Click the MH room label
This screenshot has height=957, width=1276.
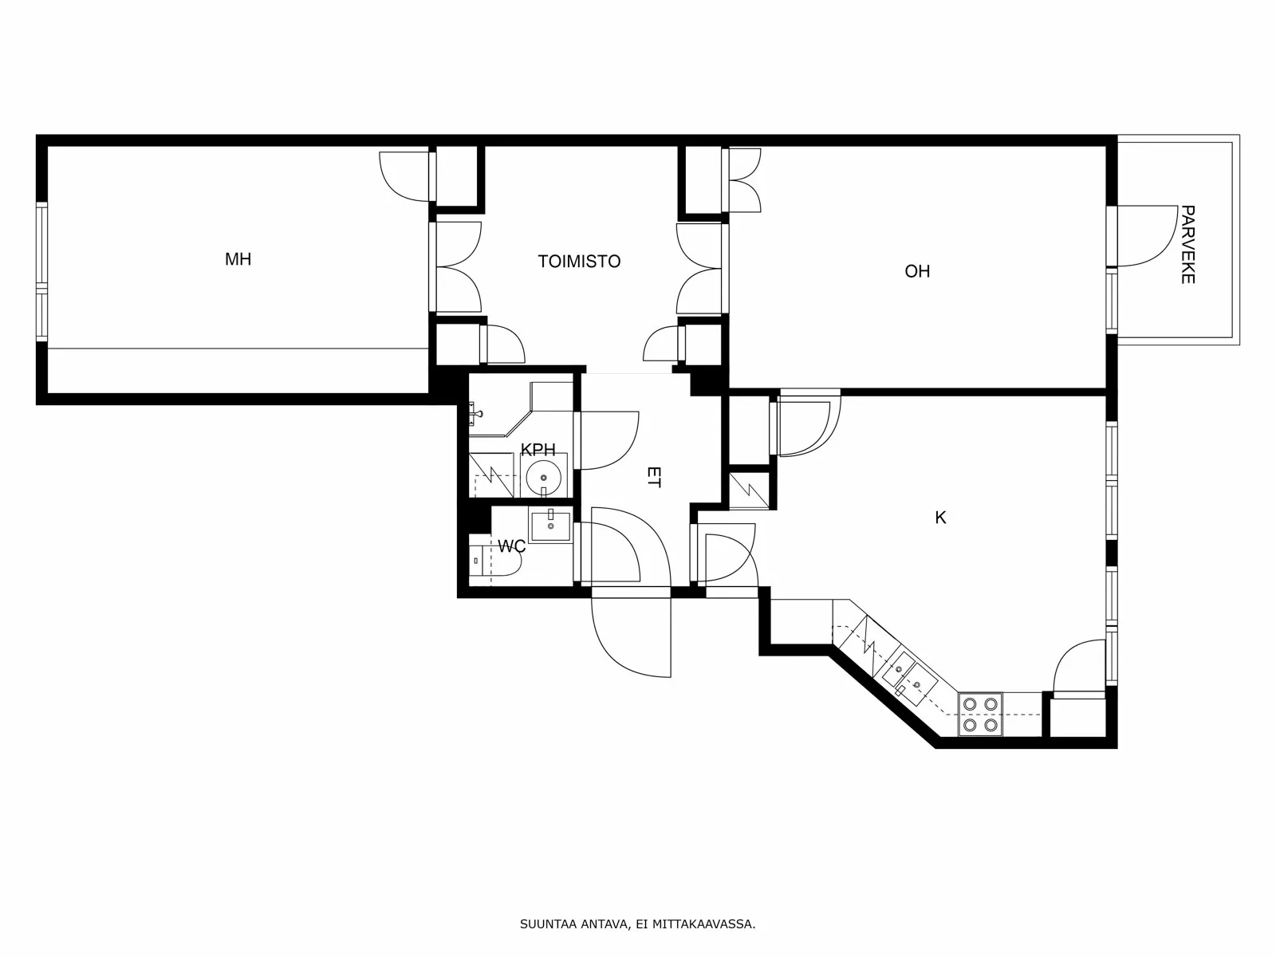238,259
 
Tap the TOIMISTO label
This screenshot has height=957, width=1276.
579,262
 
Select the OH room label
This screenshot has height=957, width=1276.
917,271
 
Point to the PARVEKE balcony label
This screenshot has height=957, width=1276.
1187,245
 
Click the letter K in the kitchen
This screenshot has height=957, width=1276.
940,518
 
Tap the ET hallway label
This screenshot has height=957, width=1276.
653,478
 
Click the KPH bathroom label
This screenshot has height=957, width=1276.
538,451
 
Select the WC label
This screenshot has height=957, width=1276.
511,546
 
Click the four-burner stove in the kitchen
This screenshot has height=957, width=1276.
980,715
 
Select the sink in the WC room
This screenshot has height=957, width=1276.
551,525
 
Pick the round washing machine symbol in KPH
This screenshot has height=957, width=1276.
544,478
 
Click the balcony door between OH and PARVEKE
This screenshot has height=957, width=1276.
1147,237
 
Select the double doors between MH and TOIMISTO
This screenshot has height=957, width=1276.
456,267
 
